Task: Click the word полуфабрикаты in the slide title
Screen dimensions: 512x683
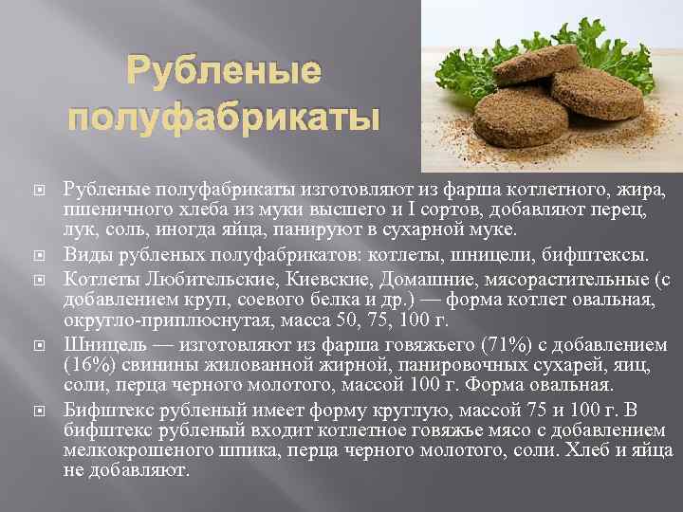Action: click(225, 119)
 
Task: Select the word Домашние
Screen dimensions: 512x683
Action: click(416, 278)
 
